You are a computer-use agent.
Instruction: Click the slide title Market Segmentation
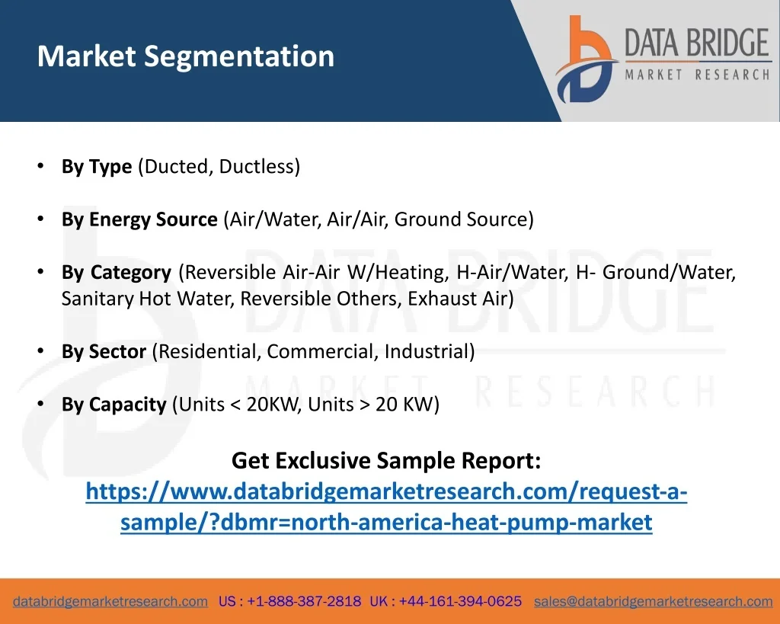(x=186, y=56)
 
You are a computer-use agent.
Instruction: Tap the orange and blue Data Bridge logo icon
(x=586, y=59)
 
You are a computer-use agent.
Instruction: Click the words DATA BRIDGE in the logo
(x=697, y=43)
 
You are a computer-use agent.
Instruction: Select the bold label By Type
(x=97, y=167)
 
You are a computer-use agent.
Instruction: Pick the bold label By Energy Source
(x=139, y=219)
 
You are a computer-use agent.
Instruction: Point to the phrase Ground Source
(x=461, y=219)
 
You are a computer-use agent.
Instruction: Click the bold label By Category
(x=117, y=272)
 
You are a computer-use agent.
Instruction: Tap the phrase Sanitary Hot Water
(x=148, y=299)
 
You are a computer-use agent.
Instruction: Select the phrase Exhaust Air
(x=458, y=299)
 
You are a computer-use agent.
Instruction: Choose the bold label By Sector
(x=104, y=351)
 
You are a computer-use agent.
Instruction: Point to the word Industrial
(x=427, y=351)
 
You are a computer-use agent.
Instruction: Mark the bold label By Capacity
(x=114, y=405)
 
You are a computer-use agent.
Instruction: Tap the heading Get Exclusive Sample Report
(x=386, y=460)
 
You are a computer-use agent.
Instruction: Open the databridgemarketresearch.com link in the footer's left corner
(x=110, y=602)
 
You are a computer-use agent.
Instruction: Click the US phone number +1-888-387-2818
(x=304, y=601)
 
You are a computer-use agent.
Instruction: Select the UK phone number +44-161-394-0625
(x=460, y=601)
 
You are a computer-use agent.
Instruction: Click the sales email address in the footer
(x=653, y=602)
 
